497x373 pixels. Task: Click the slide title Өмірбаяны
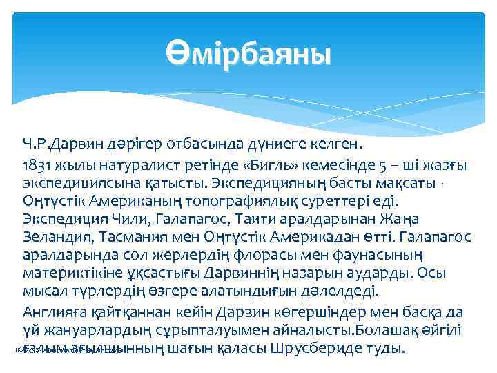click(x=248, y=52)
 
